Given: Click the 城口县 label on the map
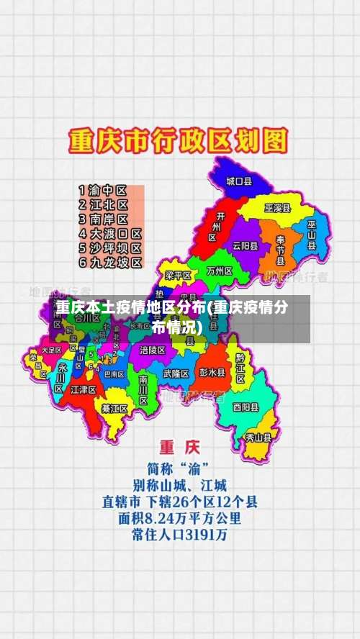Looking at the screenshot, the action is (238, 182).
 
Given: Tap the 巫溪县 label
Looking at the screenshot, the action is (277, 208).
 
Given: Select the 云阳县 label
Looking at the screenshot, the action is (245, 245).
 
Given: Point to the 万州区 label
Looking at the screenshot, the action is (219, 271).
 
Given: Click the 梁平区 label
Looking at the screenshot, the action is (178, 276).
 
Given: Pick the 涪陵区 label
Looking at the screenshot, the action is (153, 350).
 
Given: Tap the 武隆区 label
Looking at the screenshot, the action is (176, 373).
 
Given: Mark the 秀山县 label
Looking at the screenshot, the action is (258, 436).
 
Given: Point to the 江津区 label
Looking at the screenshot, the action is (84, 389).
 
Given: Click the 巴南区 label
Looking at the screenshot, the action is (114, 374).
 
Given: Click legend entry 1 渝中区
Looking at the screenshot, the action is (103, 191).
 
